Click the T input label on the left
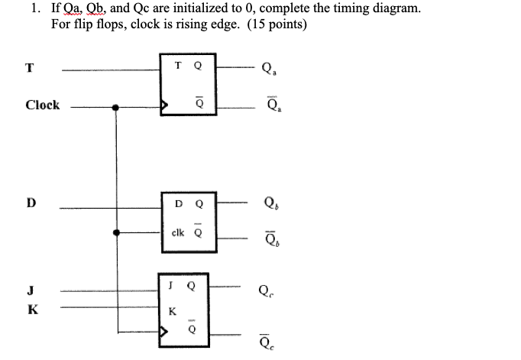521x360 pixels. [29, 67]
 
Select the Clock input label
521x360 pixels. [42, 105]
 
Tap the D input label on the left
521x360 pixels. [31, 203]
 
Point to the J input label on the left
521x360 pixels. [30, 289]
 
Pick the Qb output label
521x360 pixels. [268, 204]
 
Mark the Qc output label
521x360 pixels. [266, 290]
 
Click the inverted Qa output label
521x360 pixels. [268, 105]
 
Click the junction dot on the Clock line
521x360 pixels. [116, 108]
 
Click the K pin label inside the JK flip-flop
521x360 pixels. [172, 312]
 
